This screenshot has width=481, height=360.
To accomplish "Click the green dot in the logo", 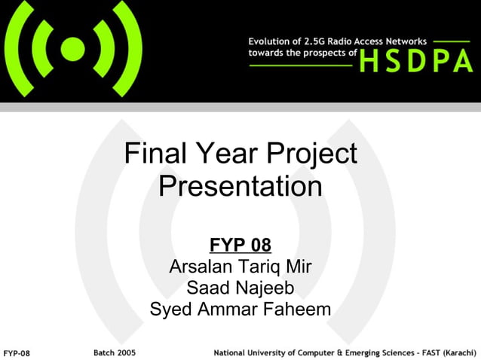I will (72, 50).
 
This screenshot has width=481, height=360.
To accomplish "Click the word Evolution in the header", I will (271, 41).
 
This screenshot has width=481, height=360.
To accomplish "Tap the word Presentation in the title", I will (240, 186).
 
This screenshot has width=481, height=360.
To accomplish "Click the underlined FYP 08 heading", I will (240, 245).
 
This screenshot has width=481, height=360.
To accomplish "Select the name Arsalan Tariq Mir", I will (240, 267).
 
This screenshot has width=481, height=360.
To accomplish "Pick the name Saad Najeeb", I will (240, 288).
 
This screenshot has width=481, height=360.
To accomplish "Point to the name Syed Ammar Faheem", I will (240, 309).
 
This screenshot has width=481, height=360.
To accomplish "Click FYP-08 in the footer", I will (17, 352).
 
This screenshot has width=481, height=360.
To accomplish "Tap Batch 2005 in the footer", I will (115, 352).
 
